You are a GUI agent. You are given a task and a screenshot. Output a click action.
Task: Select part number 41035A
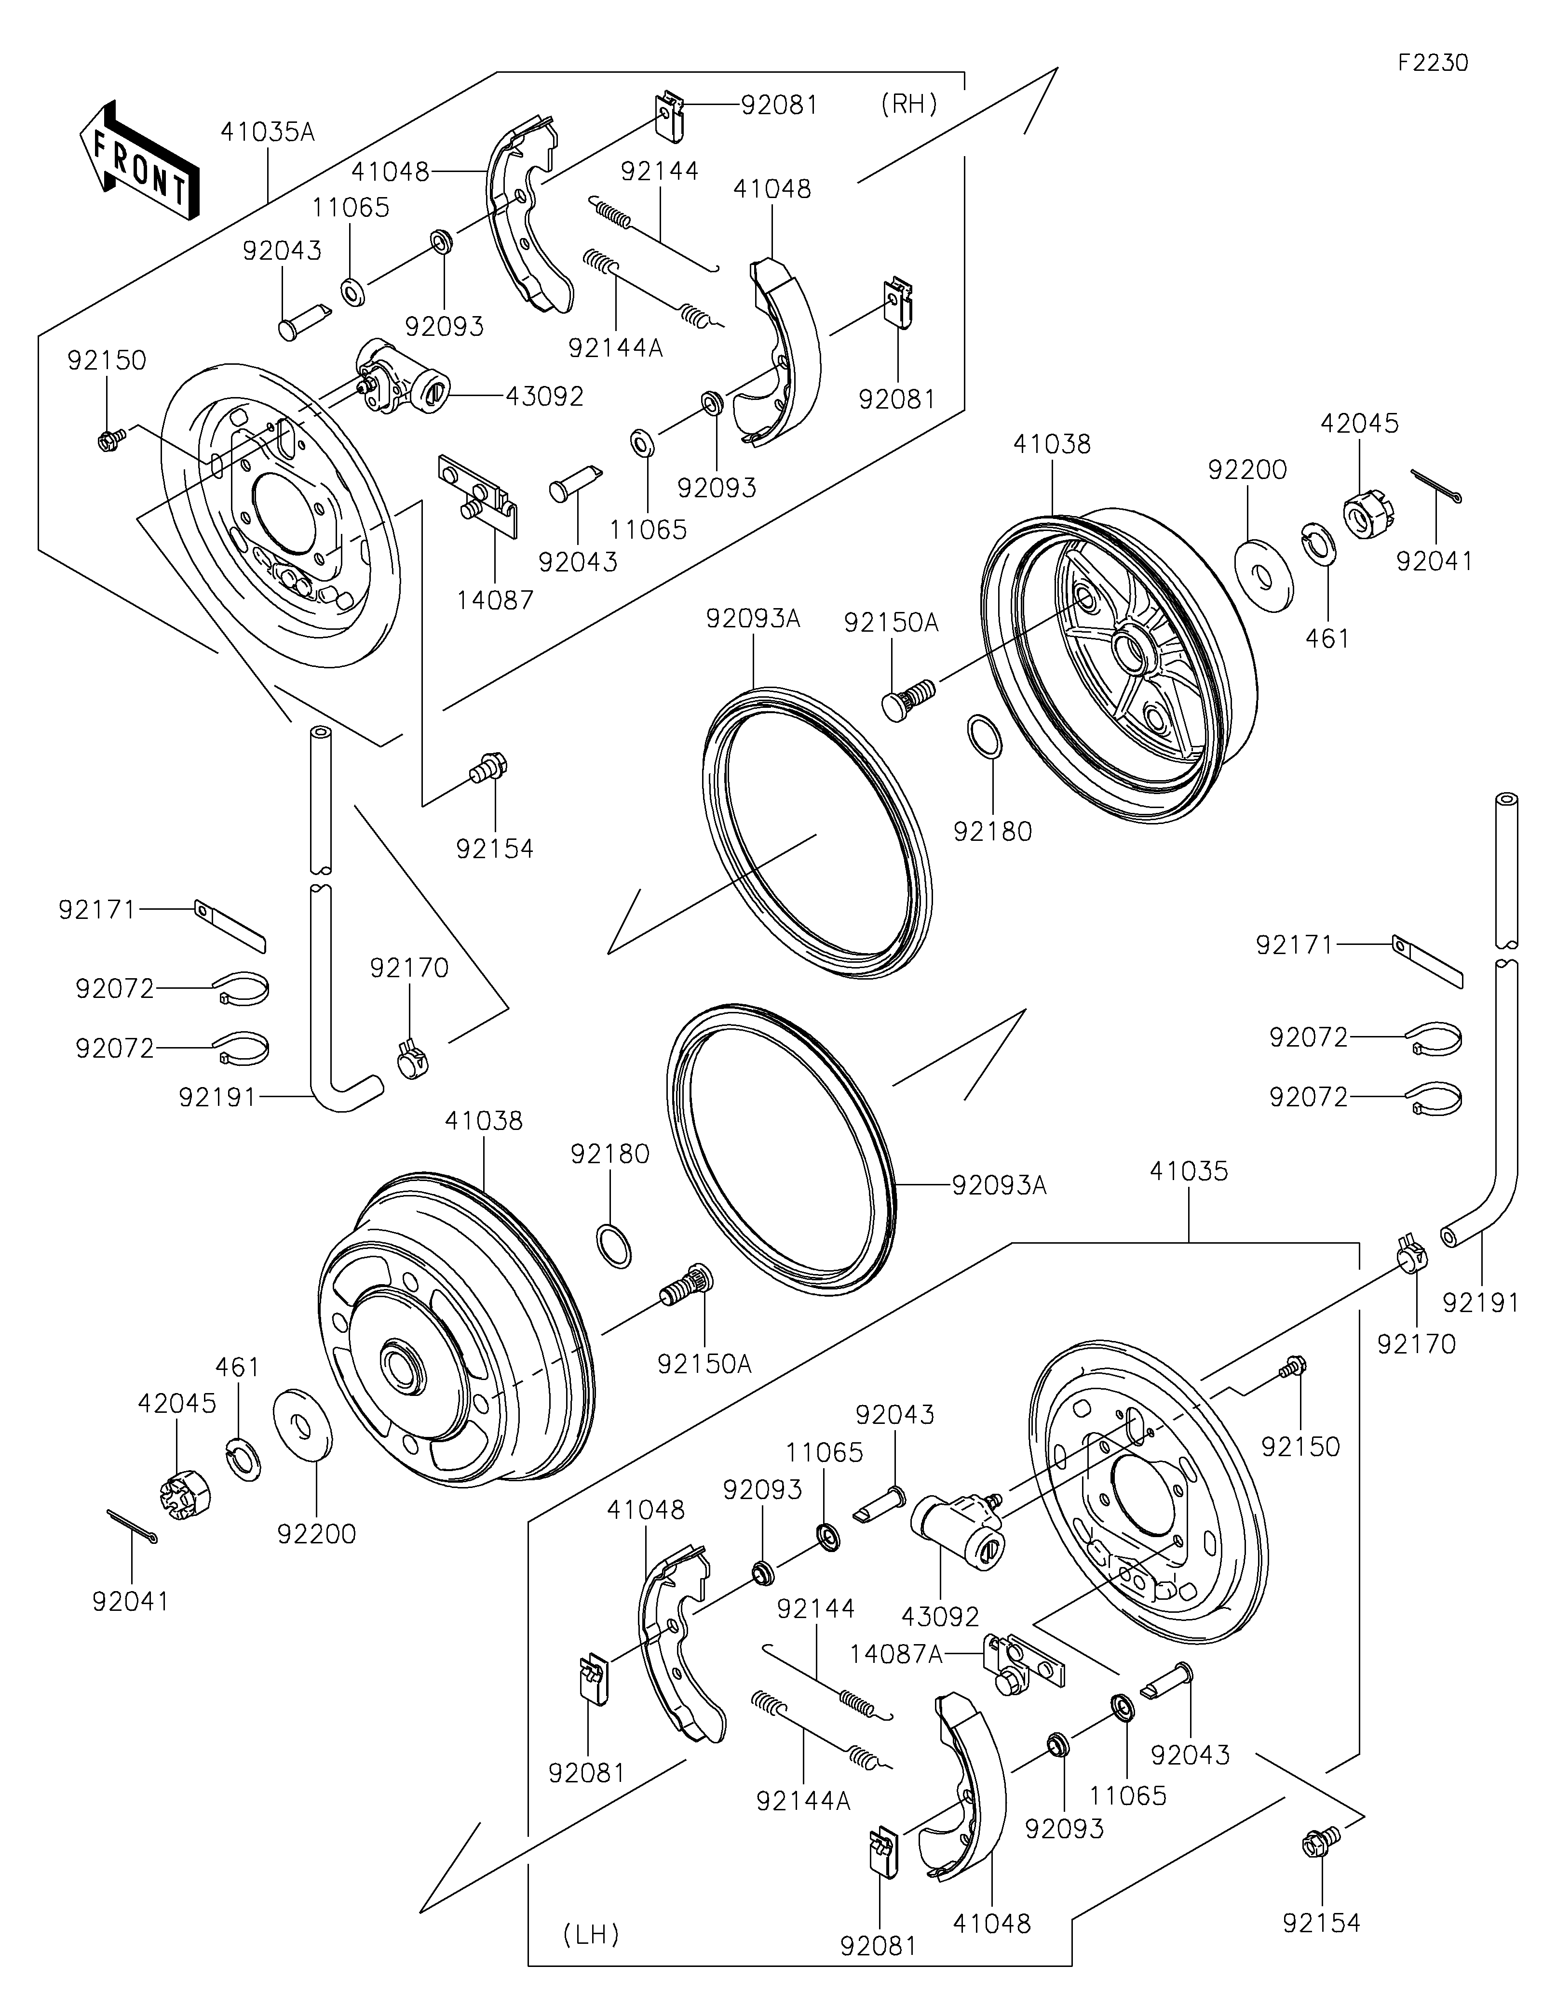pyautogui.click(x=267, y=133)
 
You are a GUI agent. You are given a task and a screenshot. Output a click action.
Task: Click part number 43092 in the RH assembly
pyautogui.click(x=545, y=397)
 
